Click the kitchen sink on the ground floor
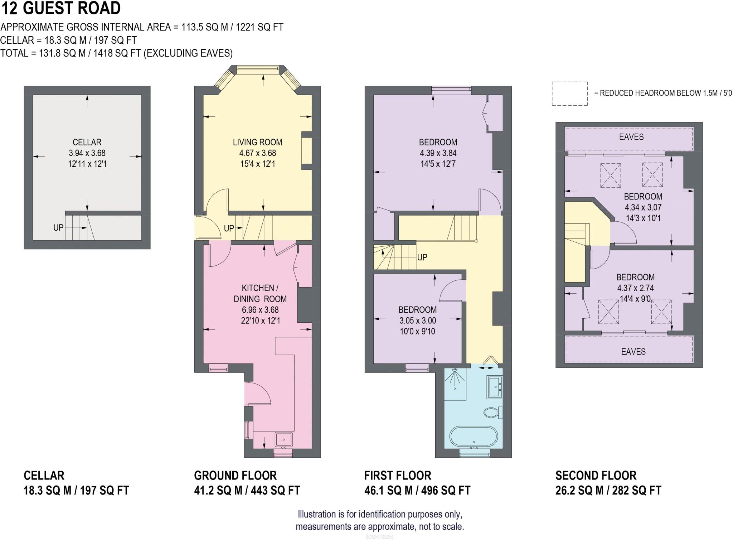(x=284, y=440)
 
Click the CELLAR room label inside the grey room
(x=87, y=142)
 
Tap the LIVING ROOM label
(x=257, y=142)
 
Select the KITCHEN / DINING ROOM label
(x=260, y=293)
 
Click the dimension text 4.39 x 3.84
(x=438, y=153)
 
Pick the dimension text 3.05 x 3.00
(x=418, y=320)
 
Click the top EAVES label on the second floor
(x=631, y=137)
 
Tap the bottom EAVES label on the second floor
(x=633, y=352)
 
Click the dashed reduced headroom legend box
(x=569, y=93)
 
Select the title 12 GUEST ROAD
(x=61, y=8)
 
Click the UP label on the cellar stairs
(x=58, y=227)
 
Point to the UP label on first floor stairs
(x=422, y=257)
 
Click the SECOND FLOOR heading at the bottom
(x=596, y=476)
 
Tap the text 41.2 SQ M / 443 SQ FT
(x=247, y=490)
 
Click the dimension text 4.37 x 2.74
(x=635, y=288)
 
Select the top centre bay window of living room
(x=257, y=69)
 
